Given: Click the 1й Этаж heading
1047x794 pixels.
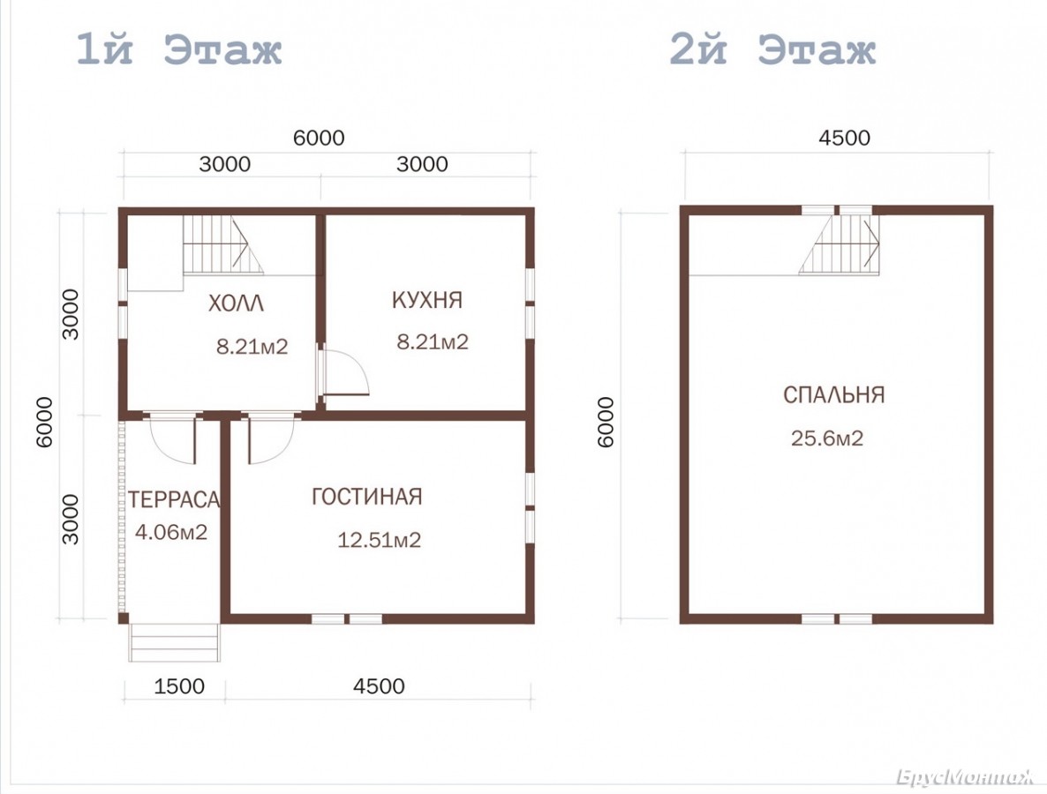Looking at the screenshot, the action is click(179, 49).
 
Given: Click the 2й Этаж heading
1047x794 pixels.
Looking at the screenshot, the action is click(772, 49).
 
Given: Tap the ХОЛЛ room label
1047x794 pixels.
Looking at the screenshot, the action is click(236, 303).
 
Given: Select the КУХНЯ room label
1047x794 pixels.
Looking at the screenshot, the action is click(427, 300).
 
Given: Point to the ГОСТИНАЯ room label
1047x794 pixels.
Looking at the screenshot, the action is click(367, 497).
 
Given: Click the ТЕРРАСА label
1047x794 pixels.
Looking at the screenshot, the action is click(174, 499).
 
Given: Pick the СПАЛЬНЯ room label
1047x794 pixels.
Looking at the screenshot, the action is click(834, 395).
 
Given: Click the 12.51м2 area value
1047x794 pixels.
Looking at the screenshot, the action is click(380, 540).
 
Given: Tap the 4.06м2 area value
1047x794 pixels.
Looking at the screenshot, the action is click(171, 533).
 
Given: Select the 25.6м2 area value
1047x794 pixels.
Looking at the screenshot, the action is click(827, 438).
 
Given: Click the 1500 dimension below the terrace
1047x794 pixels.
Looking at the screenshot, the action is click(179, 686).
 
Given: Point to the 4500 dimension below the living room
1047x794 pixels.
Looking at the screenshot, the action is click(379, 686).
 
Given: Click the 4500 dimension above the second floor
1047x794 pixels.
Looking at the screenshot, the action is click(845, 139).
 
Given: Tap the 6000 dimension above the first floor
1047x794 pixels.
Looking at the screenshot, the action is click(320, 139).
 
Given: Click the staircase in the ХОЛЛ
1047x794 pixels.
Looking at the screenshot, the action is click(223, 245).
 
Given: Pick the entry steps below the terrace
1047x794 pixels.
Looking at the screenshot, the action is click(174, 642).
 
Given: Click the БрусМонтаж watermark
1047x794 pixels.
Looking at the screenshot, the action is click(966, 777).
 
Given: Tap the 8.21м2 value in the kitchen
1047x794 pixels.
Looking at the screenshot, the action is click(433, 342).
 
